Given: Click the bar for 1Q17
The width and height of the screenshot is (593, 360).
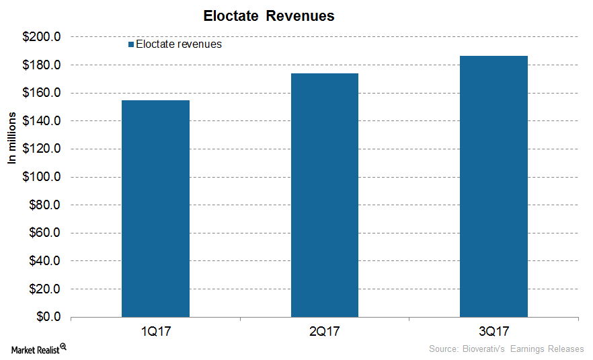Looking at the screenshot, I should point(155,209).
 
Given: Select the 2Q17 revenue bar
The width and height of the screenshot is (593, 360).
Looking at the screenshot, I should point(325,195).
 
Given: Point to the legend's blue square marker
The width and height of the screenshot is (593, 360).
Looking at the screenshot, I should point(130,45).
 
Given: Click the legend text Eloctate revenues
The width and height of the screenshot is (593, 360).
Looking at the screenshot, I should point(179,45).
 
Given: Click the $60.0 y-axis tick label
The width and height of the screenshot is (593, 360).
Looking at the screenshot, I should point(46,233).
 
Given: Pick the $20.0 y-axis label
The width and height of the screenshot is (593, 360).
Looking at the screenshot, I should point(46,289).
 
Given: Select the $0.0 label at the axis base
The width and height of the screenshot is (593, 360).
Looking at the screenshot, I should point(49,317).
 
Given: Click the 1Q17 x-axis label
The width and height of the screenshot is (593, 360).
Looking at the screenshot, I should point(155,332).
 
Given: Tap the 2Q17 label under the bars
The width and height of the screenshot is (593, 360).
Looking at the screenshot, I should point(325,332).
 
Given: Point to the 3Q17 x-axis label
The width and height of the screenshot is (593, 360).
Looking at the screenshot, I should point(493,332).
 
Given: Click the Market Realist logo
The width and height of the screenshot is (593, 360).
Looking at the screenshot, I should point(38,349).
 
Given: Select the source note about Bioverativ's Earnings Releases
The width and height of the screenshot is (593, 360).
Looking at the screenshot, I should point(506,349).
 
